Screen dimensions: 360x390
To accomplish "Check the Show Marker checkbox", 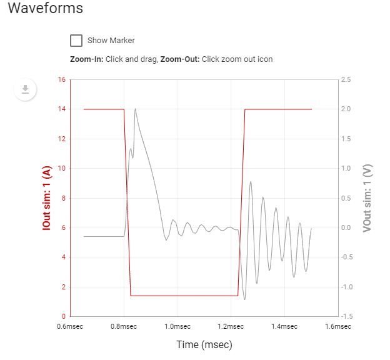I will click(76, 41).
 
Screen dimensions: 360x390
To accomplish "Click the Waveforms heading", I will click(46, 9).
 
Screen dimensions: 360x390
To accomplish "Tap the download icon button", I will click(25, 89).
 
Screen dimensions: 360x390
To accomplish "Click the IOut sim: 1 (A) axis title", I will click(47, 197).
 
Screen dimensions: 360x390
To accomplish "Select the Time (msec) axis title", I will click(204, 344).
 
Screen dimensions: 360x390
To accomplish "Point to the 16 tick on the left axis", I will click(61, 80).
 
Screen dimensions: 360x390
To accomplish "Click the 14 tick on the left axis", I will click(61, 109).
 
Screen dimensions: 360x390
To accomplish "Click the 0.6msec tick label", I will click(71, 326).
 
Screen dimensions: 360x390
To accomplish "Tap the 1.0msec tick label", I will click(177, 326).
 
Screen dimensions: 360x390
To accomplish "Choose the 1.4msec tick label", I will click(284, 326).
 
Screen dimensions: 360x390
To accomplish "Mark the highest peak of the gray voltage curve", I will click(135, 109).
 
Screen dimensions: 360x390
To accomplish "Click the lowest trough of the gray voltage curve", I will click(244, 299).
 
